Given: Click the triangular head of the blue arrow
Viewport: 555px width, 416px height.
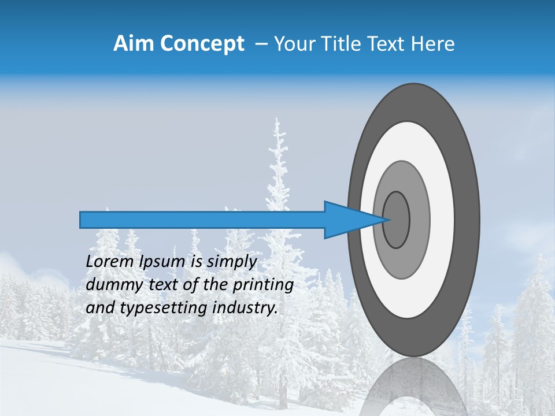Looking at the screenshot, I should (347, 220).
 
